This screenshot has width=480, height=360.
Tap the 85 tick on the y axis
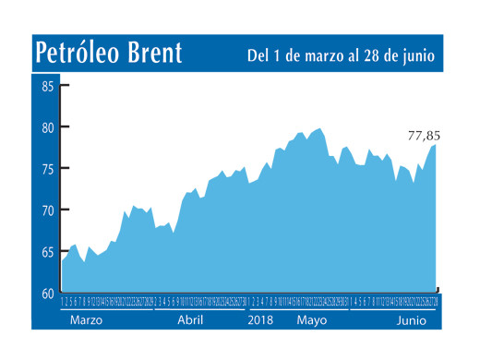[x=46, y=86]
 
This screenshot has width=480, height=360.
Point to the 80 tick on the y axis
[x=46, y=127]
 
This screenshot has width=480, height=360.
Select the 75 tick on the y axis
[x=46, y=169]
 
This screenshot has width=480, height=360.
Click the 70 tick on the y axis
[x=46, y=210]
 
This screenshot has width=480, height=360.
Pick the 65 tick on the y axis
[x=46, y=252]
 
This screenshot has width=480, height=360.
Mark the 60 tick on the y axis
[x=46, y=293]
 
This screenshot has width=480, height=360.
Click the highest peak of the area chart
[x=319, y=128]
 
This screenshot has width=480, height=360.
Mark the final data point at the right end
[x=436, y=145]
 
